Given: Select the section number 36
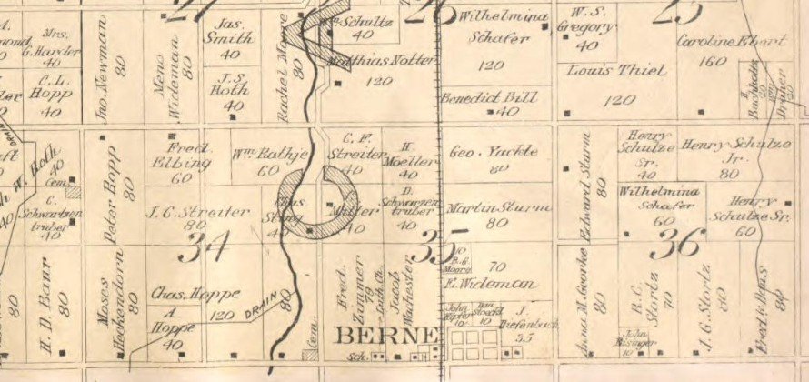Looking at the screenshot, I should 679,243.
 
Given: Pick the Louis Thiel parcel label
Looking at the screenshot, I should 604,70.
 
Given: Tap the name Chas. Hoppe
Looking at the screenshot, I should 193,293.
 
